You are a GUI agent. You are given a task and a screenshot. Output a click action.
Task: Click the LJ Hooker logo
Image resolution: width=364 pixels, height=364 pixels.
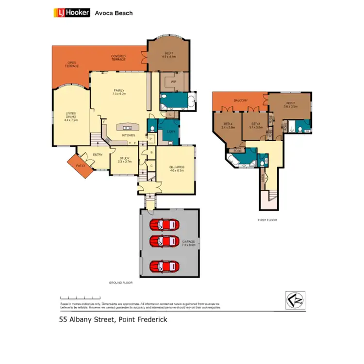(71, 13)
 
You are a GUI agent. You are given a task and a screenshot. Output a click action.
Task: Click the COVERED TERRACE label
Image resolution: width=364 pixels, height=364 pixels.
(118, 58)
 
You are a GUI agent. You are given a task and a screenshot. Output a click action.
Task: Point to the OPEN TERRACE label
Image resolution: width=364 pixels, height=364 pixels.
(72, 64)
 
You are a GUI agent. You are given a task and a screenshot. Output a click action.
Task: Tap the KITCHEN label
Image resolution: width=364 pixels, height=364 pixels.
(128, 134)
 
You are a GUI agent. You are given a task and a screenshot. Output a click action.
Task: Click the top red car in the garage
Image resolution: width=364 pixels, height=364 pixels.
(164, 224)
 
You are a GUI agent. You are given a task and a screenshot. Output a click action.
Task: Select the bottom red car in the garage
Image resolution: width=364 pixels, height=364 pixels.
(164, 266)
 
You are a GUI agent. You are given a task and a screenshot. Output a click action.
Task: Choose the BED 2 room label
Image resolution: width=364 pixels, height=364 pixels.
(290, 104)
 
